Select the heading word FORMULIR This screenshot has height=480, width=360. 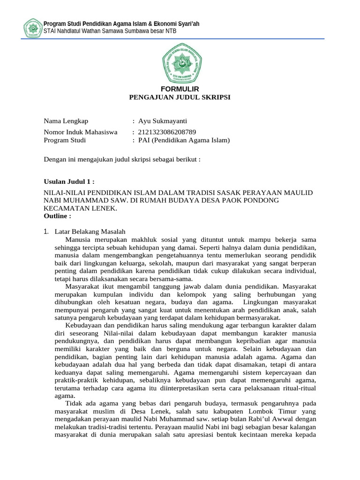point(180,89)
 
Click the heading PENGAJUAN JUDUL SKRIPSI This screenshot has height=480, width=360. point(180,97)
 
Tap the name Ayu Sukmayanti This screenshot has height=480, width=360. point(163,121)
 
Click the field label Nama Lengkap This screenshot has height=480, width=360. point(66,121)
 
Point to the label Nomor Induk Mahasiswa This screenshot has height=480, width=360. point(81,132)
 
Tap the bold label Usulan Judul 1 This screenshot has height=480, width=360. point(69,181)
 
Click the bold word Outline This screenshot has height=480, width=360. point(57,216)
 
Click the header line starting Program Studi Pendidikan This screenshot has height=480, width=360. point(121,24)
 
